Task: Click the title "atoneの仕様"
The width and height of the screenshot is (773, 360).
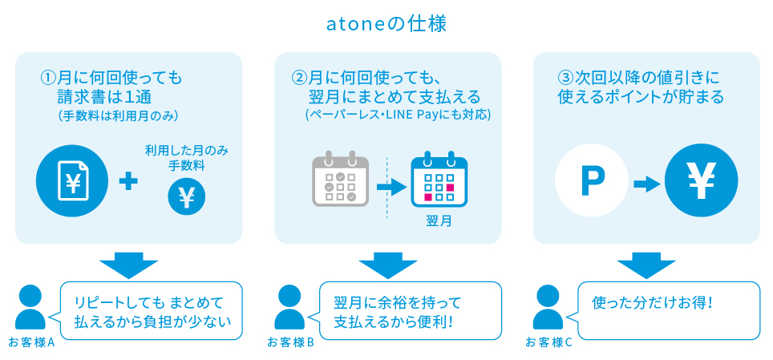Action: pyautogui.click(x=386, y=25)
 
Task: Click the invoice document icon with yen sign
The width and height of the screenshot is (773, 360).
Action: pyautogui.click(x=72, y=181)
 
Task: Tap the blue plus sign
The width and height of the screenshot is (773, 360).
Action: pyautogui.click(x=128, y=182)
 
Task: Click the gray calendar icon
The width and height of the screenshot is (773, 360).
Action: pyautogui.click(x=341, y=180)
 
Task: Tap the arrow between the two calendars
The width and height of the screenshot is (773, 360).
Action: pyautogui.click(x=391, y=187)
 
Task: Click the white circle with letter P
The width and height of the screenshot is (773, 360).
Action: pyautogui.click(x=592, y=180)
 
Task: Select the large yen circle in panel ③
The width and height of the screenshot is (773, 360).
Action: pyautogui.click(x=701, y=180)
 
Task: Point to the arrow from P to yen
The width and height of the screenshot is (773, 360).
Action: pyautogui.click(x=647, y=185)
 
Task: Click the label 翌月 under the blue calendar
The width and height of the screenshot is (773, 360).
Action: pyautogui.click(x=439, y=221)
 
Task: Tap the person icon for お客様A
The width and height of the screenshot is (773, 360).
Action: pyautogui.click(x=30, y=307)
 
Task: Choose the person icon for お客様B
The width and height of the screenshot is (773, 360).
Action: pyautogui.click(x=289, y=307)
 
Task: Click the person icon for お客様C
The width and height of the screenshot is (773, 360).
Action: pyautogui.click(x=548, y=307)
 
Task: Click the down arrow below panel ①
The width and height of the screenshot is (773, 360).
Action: pyautogui.click(x=128, y=266)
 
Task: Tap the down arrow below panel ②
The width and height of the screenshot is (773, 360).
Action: pyautogui.click(x=387, y=266)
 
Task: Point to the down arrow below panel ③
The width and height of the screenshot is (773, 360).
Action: pyautogui.click(x=646, y=266)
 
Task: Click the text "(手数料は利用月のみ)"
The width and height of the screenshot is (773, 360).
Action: pyautogui.click(x=117, y=116)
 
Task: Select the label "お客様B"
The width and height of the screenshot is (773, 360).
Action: pyautogui.click(x=290, y=342)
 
